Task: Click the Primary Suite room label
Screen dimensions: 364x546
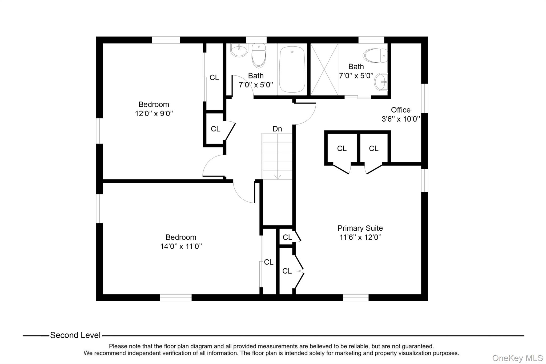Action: click(x=360, y=228)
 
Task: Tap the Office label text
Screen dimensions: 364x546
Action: click(x=400, y=110)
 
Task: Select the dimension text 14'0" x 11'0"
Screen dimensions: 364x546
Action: click(x=181, y=246)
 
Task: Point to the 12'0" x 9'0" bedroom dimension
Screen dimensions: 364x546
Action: click(x=154, y=114)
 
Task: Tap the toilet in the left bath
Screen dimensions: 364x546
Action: click(x=259, y=55)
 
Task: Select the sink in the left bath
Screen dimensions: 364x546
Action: click(x=239, y=50)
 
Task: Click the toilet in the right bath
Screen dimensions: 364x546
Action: click(x=375, y=55)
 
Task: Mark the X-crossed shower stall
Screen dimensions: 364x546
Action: click(x=324, y=69)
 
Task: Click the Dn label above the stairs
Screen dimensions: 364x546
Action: click(x=277, y=129)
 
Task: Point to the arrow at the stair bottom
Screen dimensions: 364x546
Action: click(x=278, y=176)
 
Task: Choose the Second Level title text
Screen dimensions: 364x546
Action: click(x=75, y=335)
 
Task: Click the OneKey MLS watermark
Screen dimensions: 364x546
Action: click(x=517, y=358)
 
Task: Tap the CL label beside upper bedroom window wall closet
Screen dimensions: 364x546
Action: click(x=214, y=78)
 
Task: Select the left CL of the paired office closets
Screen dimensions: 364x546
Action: click(x=342, y=149)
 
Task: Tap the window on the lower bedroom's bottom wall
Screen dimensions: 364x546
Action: click(x=175, y=298)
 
